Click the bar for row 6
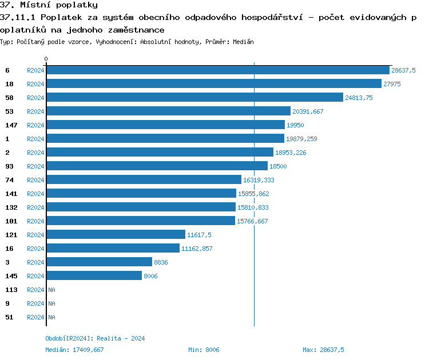coord(217,70)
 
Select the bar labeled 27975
coord(213,83)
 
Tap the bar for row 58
coord(194,97)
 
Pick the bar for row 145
coord(94,275)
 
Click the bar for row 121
coord(116,234)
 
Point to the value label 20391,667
coord(308,111)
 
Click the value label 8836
coord(161,262)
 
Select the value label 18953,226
coord(291,153)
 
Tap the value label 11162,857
coord(197,249)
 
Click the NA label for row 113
coord(51,290)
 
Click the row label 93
coord(9,166)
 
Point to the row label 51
coord(9,317)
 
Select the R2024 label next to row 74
coord(35,179)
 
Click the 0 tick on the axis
coord(46,59)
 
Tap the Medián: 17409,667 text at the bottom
coord(74,349)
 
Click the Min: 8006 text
coord(204,349)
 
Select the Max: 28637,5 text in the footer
coord(323,349)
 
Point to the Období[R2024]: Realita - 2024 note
coord(95,338)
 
